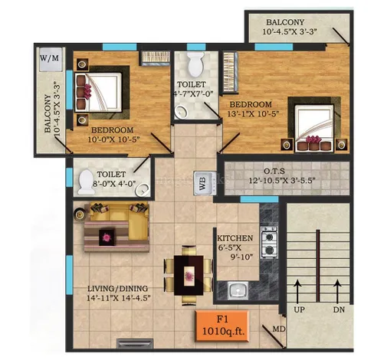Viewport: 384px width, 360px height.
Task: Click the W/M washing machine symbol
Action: click(51, 59)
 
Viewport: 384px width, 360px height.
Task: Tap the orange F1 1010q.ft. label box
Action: click(222, 326)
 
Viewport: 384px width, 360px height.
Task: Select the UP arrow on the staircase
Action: click(297, 292)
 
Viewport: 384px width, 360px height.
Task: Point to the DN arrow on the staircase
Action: click(337, 292)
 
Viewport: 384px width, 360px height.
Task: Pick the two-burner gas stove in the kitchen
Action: click(269, 242)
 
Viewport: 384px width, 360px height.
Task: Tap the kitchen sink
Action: click(238, 290)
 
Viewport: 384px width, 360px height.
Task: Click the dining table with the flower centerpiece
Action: click(189, 275)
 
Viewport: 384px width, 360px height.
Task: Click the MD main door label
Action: click(279, 329)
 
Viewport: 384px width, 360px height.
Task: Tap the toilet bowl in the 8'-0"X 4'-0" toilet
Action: click(86, 182)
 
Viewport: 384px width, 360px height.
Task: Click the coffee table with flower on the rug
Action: click(107, 237)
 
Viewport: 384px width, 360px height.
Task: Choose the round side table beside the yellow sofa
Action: click(80, 214)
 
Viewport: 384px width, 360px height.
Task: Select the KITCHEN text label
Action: click(235, 238)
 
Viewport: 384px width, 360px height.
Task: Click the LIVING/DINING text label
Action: click(117, 289)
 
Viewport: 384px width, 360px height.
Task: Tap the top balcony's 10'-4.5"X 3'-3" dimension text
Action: click(290, 32)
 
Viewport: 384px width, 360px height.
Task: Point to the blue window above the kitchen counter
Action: click(259, 199)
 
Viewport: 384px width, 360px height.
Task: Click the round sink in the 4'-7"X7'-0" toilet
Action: click(182, 112)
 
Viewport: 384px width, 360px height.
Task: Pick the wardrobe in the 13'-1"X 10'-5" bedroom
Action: click(230, 72)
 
